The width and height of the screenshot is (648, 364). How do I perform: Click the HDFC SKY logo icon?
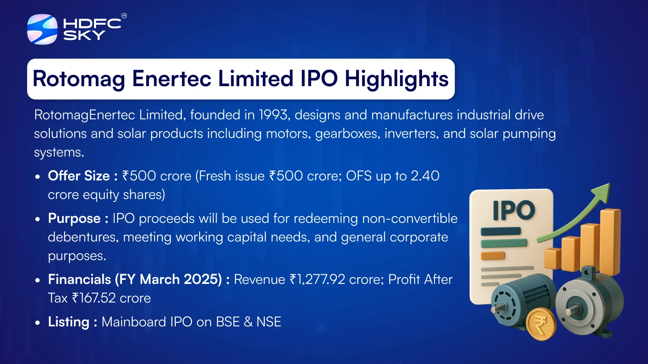[x=42, y=29]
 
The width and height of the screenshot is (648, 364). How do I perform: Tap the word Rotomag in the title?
[x=79, y=79]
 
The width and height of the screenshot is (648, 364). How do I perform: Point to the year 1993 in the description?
[x=274, y=115]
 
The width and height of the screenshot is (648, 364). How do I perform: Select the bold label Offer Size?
[x=79, y=176]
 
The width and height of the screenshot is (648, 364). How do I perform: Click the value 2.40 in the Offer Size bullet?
[x=425, y=176]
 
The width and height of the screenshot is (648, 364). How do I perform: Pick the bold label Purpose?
[x=74, y=218]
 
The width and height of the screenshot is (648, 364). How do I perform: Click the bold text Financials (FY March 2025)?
[x=135, y=279]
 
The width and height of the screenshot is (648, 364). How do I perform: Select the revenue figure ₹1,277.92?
[x=317, y=279]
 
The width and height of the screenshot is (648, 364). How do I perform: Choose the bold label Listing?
[x=68, y=322]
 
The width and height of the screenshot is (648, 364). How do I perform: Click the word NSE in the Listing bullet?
[x=269, y=322]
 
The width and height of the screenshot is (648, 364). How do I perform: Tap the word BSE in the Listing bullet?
[x=228, y=322]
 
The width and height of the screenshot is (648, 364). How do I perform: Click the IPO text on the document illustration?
[x=513, y=210]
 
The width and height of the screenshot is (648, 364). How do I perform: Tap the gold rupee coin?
[x=541, y=324]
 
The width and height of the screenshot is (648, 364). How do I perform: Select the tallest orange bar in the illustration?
[x=610, y=241]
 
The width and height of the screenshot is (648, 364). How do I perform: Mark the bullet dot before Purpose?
[x=38, y=219]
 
